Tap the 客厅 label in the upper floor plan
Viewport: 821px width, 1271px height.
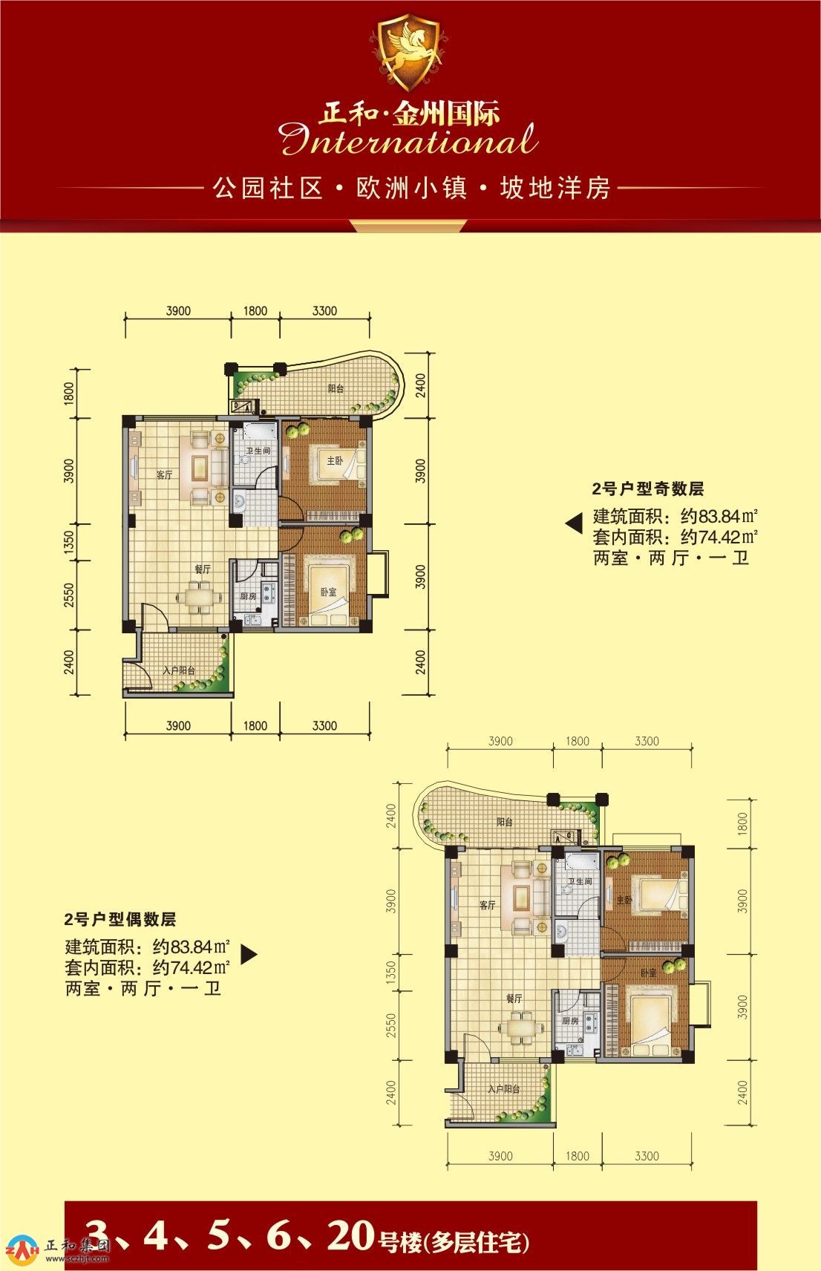point(165,474)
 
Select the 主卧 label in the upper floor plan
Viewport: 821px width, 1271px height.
point(335,461)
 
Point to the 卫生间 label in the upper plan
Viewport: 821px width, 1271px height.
point(258,451)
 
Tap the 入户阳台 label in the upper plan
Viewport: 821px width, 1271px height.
point(180,670)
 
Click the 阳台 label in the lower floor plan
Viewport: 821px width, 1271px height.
point(505,822)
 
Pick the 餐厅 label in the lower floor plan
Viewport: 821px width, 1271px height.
point(514,998)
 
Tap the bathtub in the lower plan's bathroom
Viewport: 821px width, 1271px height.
point(578,863)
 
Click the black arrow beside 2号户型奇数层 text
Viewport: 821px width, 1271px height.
point(574,523)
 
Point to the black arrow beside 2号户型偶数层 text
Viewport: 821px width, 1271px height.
point(249,954)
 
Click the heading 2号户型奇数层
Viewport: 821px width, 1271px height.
point(648,489)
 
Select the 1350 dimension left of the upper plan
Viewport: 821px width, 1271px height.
point(69,543)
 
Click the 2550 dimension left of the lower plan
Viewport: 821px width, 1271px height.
point(391,1025)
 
